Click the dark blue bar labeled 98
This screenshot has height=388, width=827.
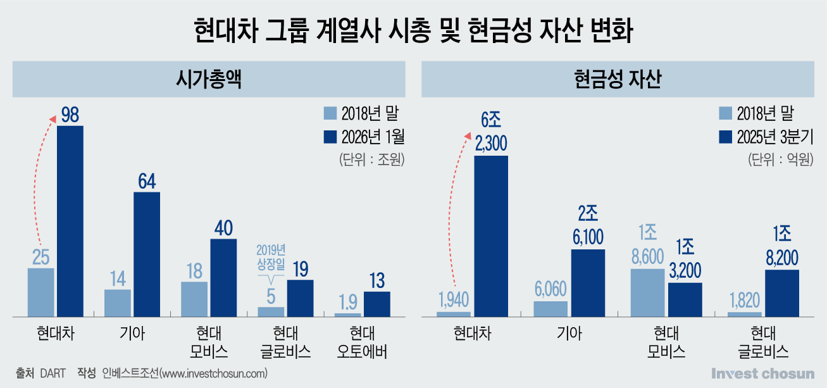coord(70,220)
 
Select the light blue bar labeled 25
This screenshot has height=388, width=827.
coord(41,292)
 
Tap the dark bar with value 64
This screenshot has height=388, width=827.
coord(146,253)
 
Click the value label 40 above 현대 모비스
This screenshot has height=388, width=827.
coord(223,228)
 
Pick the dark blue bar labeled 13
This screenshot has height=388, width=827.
coord(376,304)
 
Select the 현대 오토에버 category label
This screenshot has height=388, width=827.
coord(363,342)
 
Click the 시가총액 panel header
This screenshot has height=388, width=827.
coord(209,80)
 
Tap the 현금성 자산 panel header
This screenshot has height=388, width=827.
coord(618,80)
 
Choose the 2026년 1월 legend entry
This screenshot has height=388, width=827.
coord(363,136)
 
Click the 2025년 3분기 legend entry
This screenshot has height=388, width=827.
coord(766,136)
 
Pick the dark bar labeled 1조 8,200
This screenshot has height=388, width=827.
coord(782,292)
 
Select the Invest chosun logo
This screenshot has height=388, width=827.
coord(763,373)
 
